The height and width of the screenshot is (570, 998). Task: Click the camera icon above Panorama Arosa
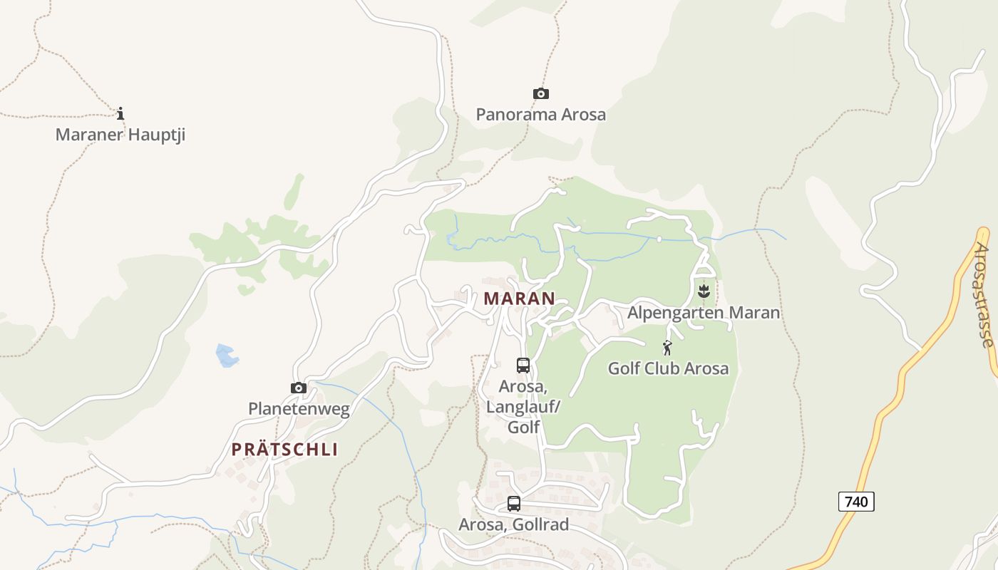click(x=541, y=94)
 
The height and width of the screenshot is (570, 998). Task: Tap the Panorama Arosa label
click(x=541, y=114)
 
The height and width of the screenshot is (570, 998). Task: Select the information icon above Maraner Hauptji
click(x=120, y=113)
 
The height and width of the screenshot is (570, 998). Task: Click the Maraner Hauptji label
click(x=120, y=134)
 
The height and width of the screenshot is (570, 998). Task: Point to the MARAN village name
click(x=519, y=299)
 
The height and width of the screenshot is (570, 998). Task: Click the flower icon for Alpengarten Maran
click(x=704, y=291)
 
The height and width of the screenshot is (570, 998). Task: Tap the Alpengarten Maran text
click(x=704, y=312)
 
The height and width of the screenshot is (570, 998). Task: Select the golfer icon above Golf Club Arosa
click(x=667, y=348)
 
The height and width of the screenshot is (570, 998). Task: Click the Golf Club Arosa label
click(x=668, y=368)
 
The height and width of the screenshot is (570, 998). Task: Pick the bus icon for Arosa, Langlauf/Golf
click(x=523, y=366)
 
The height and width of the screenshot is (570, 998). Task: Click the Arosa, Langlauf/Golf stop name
click(x=523, y=406)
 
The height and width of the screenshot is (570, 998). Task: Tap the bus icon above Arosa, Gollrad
click(x=514, y=504)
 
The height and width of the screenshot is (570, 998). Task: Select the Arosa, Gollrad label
click(x=514, y=525)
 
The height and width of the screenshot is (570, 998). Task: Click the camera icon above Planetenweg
click(x=299, y=388)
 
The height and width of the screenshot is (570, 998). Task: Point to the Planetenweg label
click(x=299, y=409)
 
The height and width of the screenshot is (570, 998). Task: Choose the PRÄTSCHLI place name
click(x=284, y=450)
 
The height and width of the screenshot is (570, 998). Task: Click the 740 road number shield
click(x=855, y=502)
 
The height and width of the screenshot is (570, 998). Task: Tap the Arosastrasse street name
click(x=985, y=295)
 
